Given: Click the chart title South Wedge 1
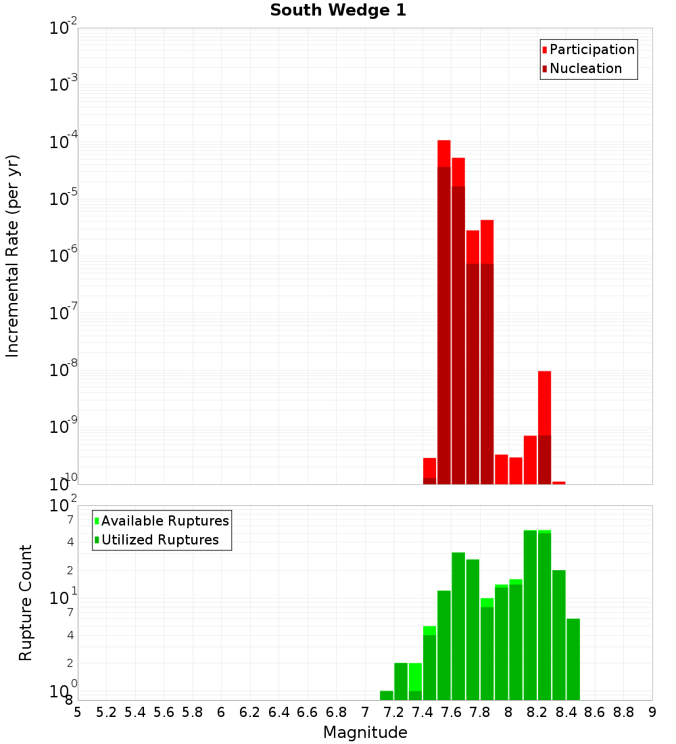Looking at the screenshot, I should coord(338,11).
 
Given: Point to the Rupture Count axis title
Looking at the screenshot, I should coord(26,603).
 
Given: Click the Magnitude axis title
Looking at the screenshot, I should coord(365,733).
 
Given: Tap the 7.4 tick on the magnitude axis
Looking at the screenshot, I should coord(422,712).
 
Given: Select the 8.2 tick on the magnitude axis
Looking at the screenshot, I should coord(537,712).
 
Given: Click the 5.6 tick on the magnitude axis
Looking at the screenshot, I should coord(164,712).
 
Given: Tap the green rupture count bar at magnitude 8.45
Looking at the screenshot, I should coord(573,659).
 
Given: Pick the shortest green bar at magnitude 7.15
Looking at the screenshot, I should coord(387,695).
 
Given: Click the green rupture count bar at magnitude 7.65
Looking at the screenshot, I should coord(458,626).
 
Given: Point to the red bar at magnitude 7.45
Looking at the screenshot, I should coord(429,471).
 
